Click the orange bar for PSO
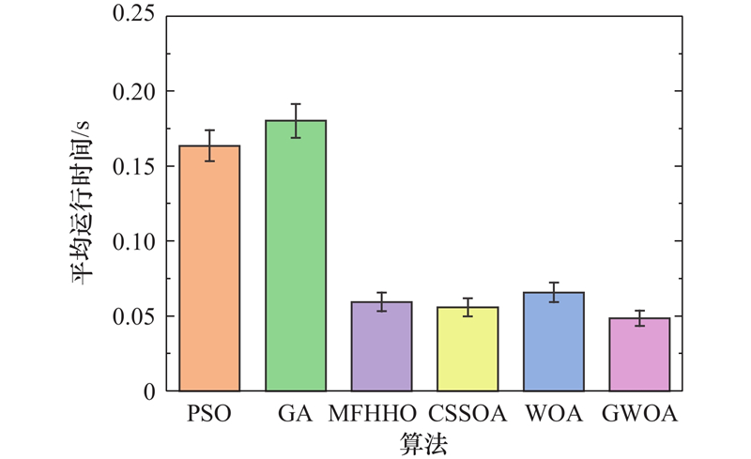209,268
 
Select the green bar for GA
296,255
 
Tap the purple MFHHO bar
382,345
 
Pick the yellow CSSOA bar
467,348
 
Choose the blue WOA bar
554,341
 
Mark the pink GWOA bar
639,354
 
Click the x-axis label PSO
209,413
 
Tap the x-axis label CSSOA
467,413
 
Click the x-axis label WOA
554,413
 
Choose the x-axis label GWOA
642,413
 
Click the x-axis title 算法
422,440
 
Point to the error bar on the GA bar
296,120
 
